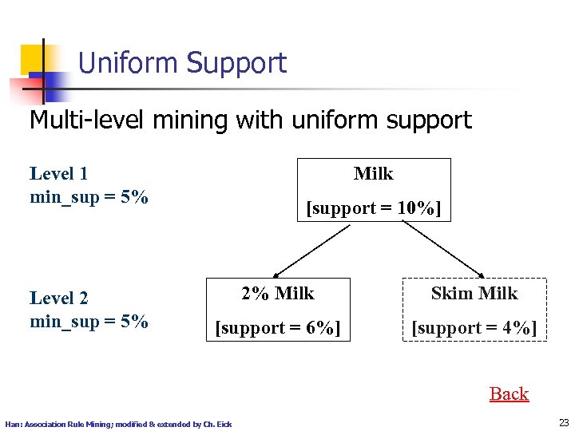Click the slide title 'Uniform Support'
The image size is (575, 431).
(182, 63)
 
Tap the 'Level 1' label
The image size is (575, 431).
(58, 173)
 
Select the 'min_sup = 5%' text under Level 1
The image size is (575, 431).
(89, 196)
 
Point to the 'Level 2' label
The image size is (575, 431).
(58, 298)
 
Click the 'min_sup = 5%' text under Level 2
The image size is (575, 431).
(89, 321)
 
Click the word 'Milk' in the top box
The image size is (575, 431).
(373, 173)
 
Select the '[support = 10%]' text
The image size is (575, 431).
(373, 208)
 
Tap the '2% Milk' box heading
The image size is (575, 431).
(278, 293)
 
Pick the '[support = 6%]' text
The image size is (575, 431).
(278, 327)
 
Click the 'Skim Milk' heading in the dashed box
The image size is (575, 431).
(474, 293)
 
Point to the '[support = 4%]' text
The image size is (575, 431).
(474, 327)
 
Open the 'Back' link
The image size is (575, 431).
(509, 393)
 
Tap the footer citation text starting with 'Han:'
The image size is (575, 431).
(118, 424)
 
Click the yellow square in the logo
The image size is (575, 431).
(34, 57)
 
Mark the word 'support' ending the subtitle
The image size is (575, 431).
(430, 121)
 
